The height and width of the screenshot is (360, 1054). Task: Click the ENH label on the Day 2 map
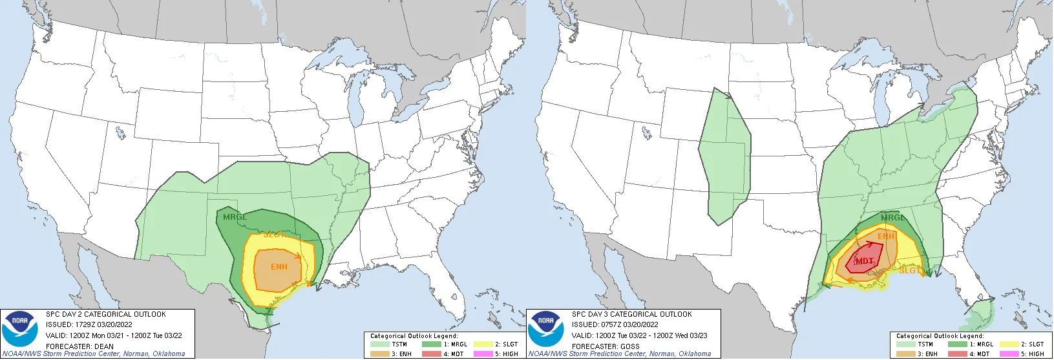[x=279, y=267]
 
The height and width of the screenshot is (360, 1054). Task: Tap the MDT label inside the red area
[x=864, y=261]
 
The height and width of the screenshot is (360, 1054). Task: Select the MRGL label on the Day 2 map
[x=235, y=217]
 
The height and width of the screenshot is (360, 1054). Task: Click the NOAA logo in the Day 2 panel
[x=19, y=328]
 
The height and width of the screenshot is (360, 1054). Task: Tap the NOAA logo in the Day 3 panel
[x=545, y=328]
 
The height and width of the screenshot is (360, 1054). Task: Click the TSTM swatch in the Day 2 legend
[x=380, y=344]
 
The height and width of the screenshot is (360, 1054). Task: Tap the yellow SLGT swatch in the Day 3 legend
[x=1009, y=344]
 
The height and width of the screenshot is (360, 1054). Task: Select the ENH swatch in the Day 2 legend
[x=380, y=354]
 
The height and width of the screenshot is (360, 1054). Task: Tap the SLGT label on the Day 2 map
[x=274, y=235]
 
